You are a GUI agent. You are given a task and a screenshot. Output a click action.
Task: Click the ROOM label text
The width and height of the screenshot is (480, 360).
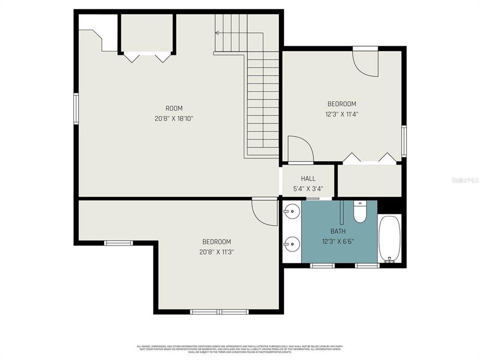[x=174, y=108]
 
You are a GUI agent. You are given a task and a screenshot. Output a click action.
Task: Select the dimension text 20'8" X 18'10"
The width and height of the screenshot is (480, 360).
[x=174, y=118]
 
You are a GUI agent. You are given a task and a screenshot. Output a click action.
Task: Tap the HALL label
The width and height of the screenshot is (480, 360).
[x=308, y=178]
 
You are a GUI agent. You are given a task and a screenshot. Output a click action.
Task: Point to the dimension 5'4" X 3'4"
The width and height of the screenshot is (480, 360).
[x=308, y=188]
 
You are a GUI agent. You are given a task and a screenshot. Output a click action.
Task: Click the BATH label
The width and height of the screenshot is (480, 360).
[x=338, y=231]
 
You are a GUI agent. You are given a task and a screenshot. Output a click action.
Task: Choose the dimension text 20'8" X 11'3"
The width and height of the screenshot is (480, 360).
[x=216, y=251]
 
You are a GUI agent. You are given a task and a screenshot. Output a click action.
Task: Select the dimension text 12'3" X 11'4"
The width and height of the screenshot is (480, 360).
[x=342, y=113]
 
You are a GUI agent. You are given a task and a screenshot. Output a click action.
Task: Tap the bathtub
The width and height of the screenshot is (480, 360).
[x=390, y=239]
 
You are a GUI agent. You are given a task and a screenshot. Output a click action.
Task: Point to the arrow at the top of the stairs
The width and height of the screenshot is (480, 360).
[x=218, y=33]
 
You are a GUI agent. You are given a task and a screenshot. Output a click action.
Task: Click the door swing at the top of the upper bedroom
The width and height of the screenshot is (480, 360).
[x=366, y=64]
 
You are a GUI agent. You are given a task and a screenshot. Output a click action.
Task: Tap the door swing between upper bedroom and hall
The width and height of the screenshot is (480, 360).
[x=301, y=149]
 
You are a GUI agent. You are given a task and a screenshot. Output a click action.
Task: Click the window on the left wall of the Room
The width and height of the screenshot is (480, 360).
[x=76, y=108]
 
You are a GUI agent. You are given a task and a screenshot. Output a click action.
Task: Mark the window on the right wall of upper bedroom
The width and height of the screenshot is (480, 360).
[x=404, y=141]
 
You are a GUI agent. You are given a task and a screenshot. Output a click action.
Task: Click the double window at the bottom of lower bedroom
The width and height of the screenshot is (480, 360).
[x=219, y=312]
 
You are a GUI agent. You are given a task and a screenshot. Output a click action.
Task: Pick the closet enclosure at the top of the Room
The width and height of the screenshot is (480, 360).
[x=147, y=34]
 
